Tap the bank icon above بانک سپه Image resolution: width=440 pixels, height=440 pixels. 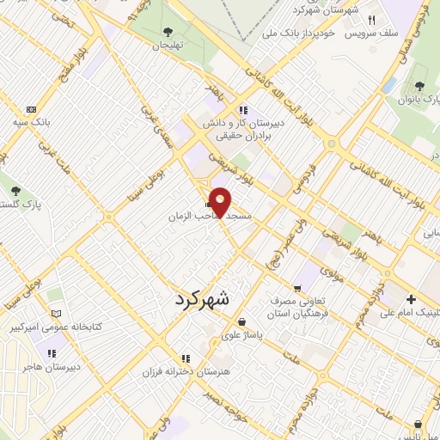[x=32, y=109]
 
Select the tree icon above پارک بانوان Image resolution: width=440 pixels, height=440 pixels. [x=419, y=85]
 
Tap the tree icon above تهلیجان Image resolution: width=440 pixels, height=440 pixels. [x=166, y=33]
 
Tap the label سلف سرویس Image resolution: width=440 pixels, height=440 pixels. [x=370, y=34]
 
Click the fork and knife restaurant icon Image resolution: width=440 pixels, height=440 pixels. [x=372, y=20]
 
